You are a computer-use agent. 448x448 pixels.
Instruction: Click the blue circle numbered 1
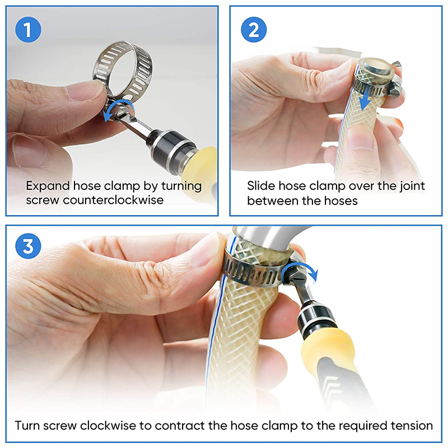click(28, 30)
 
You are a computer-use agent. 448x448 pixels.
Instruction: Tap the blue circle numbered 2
click(254, 30)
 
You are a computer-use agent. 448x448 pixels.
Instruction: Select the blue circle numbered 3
click(28, 246)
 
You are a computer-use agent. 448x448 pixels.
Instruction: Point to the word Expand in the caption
click(48, 186)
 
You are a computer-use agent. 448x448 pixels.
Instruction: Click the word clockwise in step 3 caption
click(108, 426)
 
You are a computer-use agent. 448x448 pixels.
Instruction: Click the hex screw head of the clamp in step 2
click(395, 91)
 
